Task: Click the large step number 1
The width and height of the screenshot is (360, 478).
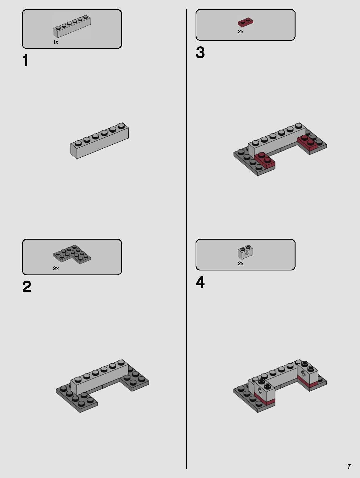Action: pyautogui.click(x=26, y=60)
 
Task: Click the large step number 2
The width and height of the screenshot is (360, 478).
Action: pyautogui.click(x=27, y=287)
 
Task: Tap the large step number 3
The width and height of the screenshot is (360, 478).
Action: pyautogui.click(x=200, y=52)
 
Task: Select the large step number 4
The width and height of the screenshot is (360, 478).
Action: pyautogui.click(x=200, y=282)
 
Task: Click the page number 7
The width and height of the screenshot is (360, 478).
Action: pyautogui.click(x=349, y=467)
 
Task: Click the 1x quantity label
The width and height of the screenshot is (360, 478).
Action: pyautogui.click(x=56, y=42)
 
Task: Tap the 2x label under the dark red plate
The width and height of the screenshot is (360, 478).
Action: pyautogui.click(x=241, y=32)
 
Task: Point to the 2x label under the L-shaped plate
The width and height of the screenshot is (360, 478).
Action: pyautogui.click(x=56, y=269)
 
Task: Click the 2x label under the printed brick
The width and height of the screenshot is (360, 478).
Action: pyautogui.click(x=241, y=263)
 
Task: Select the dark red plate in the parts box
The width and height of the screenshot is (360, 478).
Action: pyautogui.click(x=245, y=22)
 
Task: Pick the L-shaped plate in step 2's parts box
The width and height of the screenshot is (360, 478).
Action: pyautogui.click(x=72, y=254)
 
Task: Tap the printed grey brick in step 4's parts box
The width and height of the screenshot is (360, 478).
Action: pyautogui.click(x=246, y=252)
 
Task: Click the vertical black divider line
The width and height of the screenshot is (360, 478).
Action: pyautogui.click(x=186, y=241)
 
